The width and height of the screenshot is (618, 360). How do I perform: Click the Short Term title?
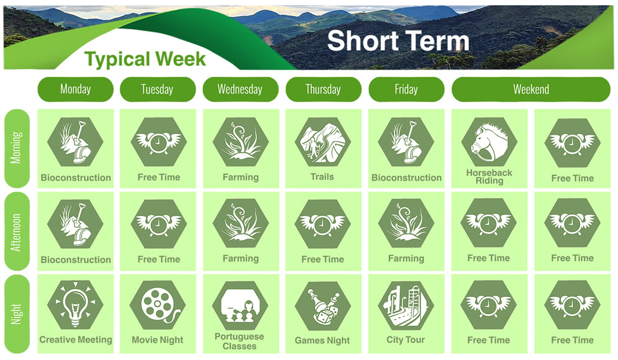pos(398,40)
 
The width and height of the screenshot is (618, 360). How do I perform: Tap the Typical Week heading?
pos(145,60)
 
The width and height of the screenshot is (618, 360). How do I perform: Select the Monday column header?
pos(76,89)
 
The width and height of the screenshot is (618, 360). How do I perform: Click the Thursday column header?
pos(323,89)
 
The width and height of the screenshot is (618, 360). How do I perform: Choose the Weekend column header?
pos(531,89)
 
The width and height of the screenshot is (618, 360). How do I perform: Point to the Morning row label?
pos(17,148)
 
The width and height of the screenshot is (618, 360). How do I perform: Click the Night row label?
pos(17,314)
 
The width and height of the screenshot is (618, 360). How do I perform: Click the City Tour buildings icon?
pos(406,305)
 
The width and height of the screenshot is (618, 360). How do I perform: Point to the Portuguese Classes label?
pos(240,341)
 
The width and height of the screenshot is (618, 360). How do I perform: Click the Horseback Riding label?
pos(489,177)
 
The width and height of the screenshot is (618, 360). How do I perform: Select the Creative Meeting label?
pos(76,340)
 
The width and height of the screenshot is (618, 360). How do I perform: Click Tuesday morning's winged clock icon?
pos(158,142)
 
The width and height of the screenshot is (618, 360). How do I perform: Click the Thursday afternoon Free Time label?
pos(323,259)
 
